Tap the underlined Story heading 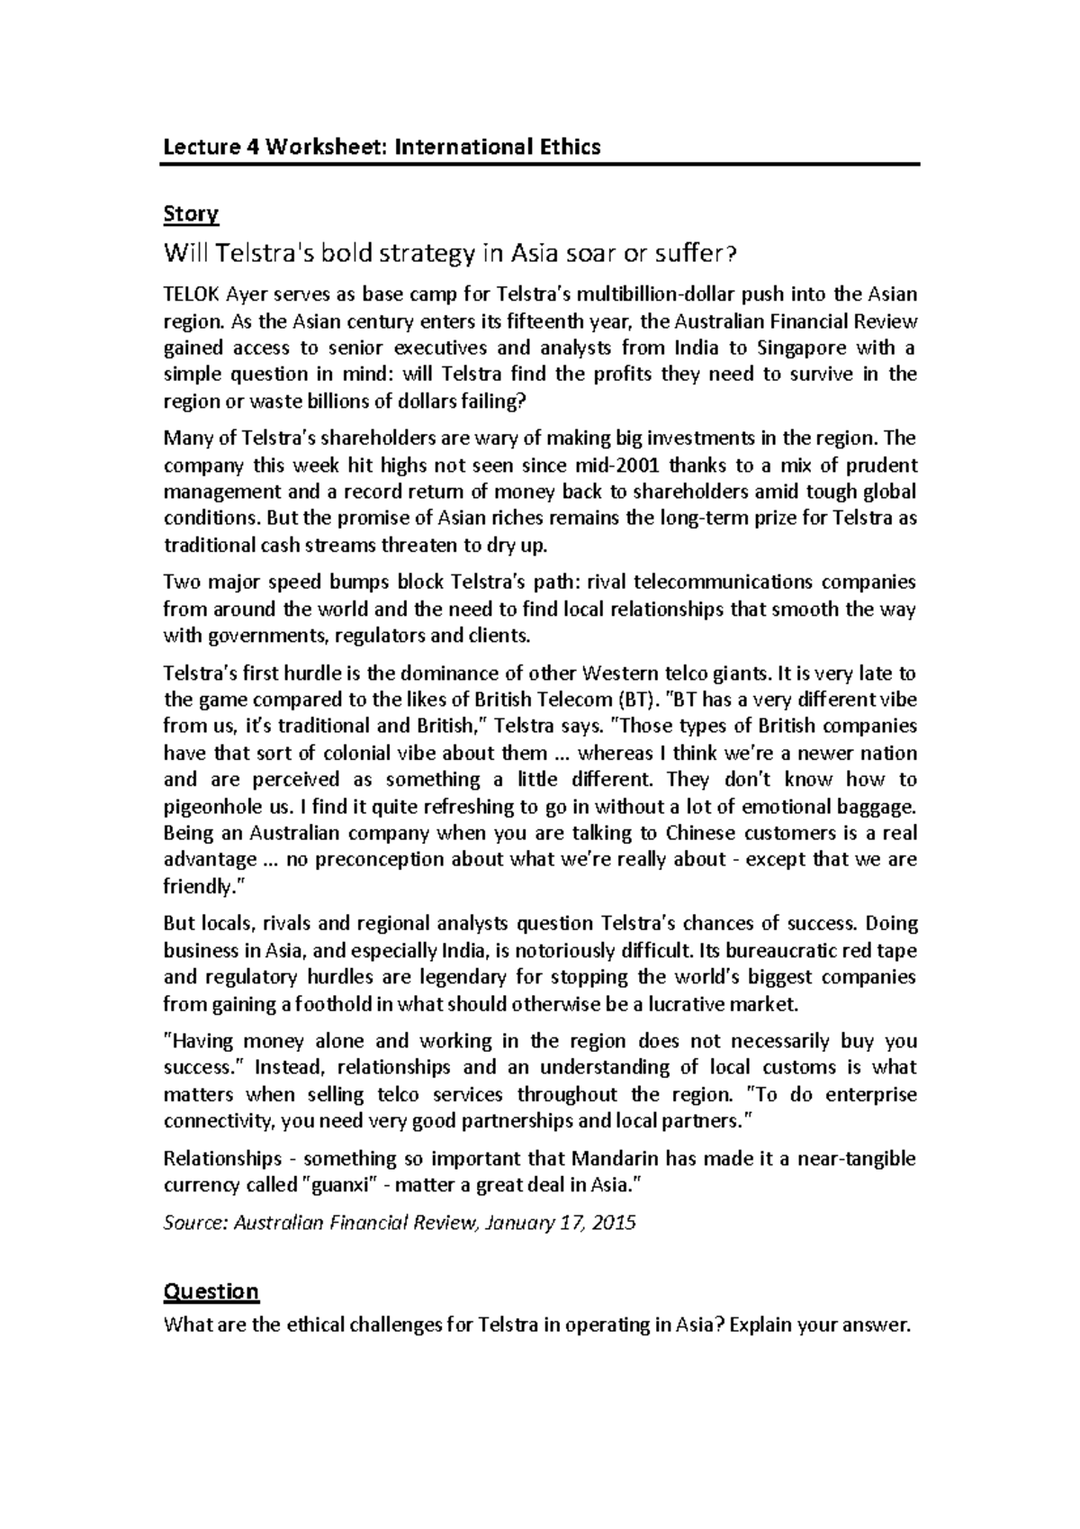coord(191,214)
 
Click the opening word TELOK coord(190,294)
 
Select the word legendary coord(458,977)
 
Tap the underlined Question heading coord(211,1292)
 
